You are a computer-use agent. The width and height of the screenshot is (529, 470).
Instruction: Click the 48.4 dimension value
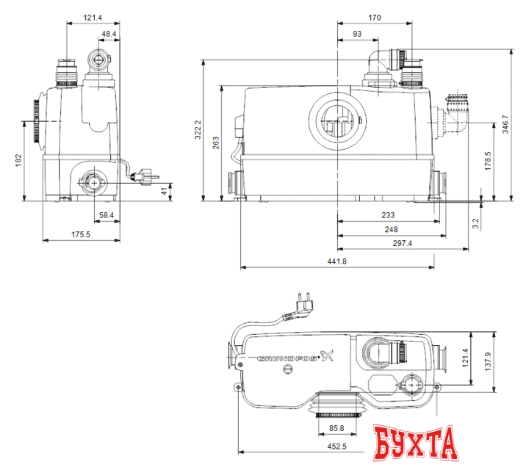107,34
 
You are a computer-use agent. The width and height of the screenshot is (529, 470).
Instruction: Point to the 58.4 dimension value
107,214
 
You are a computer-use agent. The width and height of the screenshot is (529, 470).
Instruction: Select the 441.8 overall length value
335,261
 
